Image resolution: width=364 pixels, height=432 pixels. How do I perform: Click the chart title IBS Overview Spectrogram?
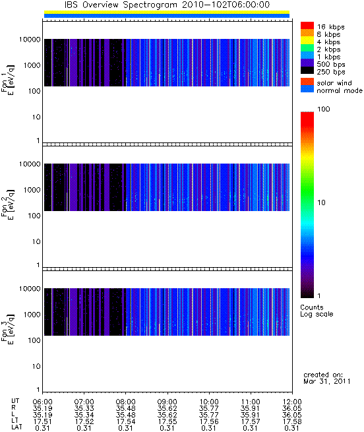[x=121, y=5]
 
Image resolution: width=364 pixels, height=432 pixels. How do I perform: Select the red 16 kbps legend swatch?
[x=307, y=25]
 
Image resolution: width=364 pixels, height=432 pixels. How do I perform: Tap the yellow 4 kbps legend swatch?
[x=307, y=40]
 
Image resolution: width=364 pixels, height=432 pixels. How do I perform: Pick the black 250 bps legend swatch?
[x=307, y=71]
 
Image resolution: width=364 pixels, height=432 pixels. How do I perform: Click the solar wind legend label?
[x=334, y=83]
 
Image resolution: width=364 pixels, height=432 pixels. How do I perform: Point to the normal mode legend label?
[x=340, y=90]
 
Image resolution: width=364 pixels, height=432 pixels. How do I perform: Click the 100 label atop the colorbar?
[x=324, y=109]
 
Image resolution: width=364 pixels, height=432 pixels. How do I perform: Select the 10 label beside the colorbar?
[x=321, y=202]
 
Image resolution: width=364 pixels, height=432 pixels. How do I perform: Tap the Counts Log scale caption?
[x=317, y=311]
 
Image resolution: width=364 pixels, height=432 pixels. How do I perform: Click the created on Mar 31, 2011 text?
[x=327, y=378]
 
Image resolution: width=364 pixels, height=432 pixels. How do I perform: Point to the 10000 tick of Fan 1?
[x=30, y=40]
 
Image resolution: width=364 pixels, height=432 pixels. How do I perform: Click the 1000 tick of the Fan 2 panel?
[x=32, y=190]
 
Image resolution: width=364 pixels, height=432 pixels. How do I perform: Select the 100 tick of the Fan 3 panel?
[x=34, y=340]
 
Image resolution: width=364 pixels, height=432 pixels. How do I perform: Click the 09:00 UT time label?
[x=167, y=402]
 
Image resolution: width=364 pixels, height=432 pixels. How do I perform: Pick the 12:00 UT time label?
[x=292, y=402]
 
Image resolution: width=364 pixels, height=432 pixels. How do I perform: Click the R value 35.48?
[x=126, y=408]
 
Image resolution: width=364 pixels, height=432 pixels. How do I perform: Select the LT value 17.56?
[x=209, y=421]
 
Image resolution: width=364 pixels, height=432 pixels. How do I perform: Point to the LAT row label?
[x=16, y=427]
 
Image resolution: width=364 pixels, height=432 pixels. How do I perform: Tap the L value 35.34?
[x=84, y=415]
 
